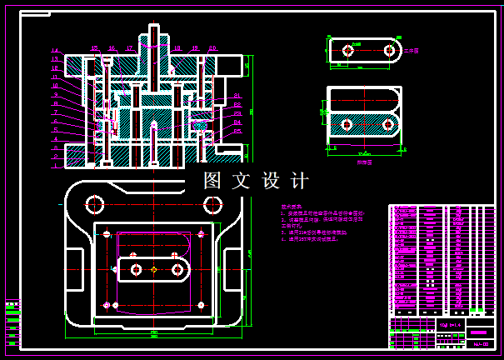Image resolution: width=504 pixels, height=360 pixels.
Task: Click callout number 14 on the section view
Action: pyautogui.click(x=55, y=51)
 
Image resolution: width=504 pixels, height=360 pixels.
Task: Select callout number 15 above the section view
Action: pyautogui.click(x=93, y=48)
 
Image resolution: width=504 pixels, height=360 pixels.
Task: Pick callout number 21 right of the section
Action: pyautogui.click(x=237, y=96)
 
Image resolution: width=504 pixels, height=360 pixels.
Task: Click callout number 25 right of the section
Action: pyautogui.click(x=237, y=131)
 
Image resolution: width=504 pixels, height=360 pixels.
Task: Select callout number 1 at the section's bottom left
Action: pyautogui.click(x=55, y=165)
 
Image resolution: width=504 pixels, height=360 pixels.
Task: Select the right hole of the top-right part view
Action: pyautogui.click(x=389, y=51)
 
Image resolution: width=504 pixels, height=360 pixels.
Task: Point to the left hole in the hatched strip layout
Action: pyautogui.click(x=347, y=124)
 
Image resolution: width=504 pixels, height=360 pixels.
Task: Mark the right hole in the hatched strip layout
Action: pyautogui.click(x=388, y=124)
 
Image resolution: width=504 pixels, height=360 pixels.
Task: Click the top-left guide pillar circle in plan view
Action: pyautogui.click(x=93, y=203)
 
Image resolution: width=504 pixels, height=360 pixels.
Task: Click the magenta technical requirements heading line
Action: pyautogui.click(x=292, y=205)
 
